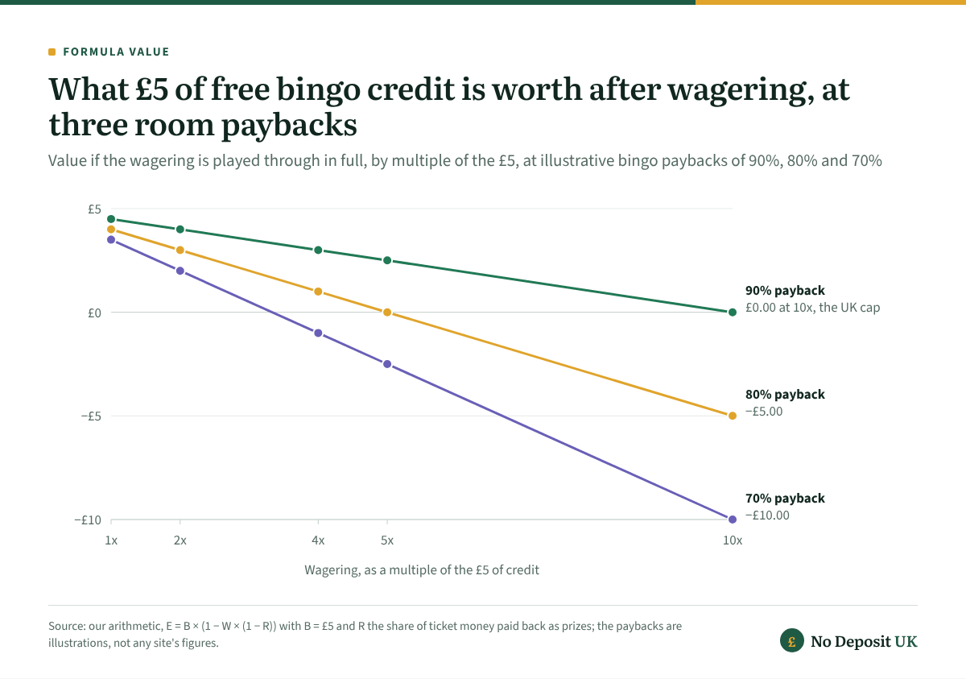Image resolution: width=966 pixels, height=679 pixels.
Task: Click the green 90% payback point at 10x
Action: (x=733, y=313)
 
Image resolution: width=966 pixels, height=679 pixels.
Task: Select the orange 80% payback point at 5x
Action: (x=387, y=313)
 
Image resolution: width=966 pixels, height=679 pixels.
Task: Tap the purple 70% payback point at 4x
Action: (x=318, y=333)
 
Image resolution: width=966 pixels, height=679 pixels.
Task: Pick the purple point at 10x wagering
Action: (x=733, y=520)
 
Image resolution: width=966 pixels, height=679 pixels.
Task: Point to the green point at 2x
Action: (x=180, y=229)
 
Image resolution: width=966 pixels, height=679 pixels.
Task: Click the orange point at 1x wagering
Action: (x=111, y=229)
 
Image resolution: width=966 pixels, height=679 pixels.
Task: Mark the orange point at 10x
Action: (x=733, y=416)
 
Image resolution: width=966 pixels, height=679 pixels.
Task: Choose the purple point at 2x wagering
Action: (x=180, y=271)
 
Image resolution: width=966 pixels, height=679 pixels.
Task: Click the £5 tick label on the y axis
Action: (x=94, y=209)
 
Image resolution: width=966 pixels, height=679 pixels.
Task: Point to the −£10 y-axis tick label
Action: (x=88, y=520)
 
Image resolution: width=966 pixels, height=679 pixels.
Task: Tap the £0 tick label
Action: (x=94, y=313)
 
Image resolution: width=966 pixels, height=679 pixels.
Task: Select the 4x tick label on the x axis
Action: (x=318, y=540)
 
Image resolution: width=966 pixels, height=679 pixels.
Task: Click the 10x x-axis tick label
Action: (x=733, y=540)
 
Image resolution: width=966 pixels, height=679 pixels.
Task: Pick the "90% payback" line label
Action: (x=785, y=291)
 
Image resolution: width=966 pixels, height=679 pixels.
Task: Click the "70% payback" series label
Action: (x=785, y=499)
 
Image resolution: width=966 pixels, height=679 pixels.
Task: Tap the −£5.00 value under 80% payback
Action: (x=764, y=412)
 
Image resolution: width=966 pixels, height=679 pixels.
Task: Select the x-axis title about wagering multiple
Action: (x=422, y=570)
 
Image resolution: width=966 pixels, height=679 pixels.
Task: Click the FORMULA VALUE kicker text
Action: (x=116, y=52)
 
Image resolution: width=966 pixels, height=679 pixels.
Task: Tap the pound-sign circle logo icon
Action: (x=792, y=640)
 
